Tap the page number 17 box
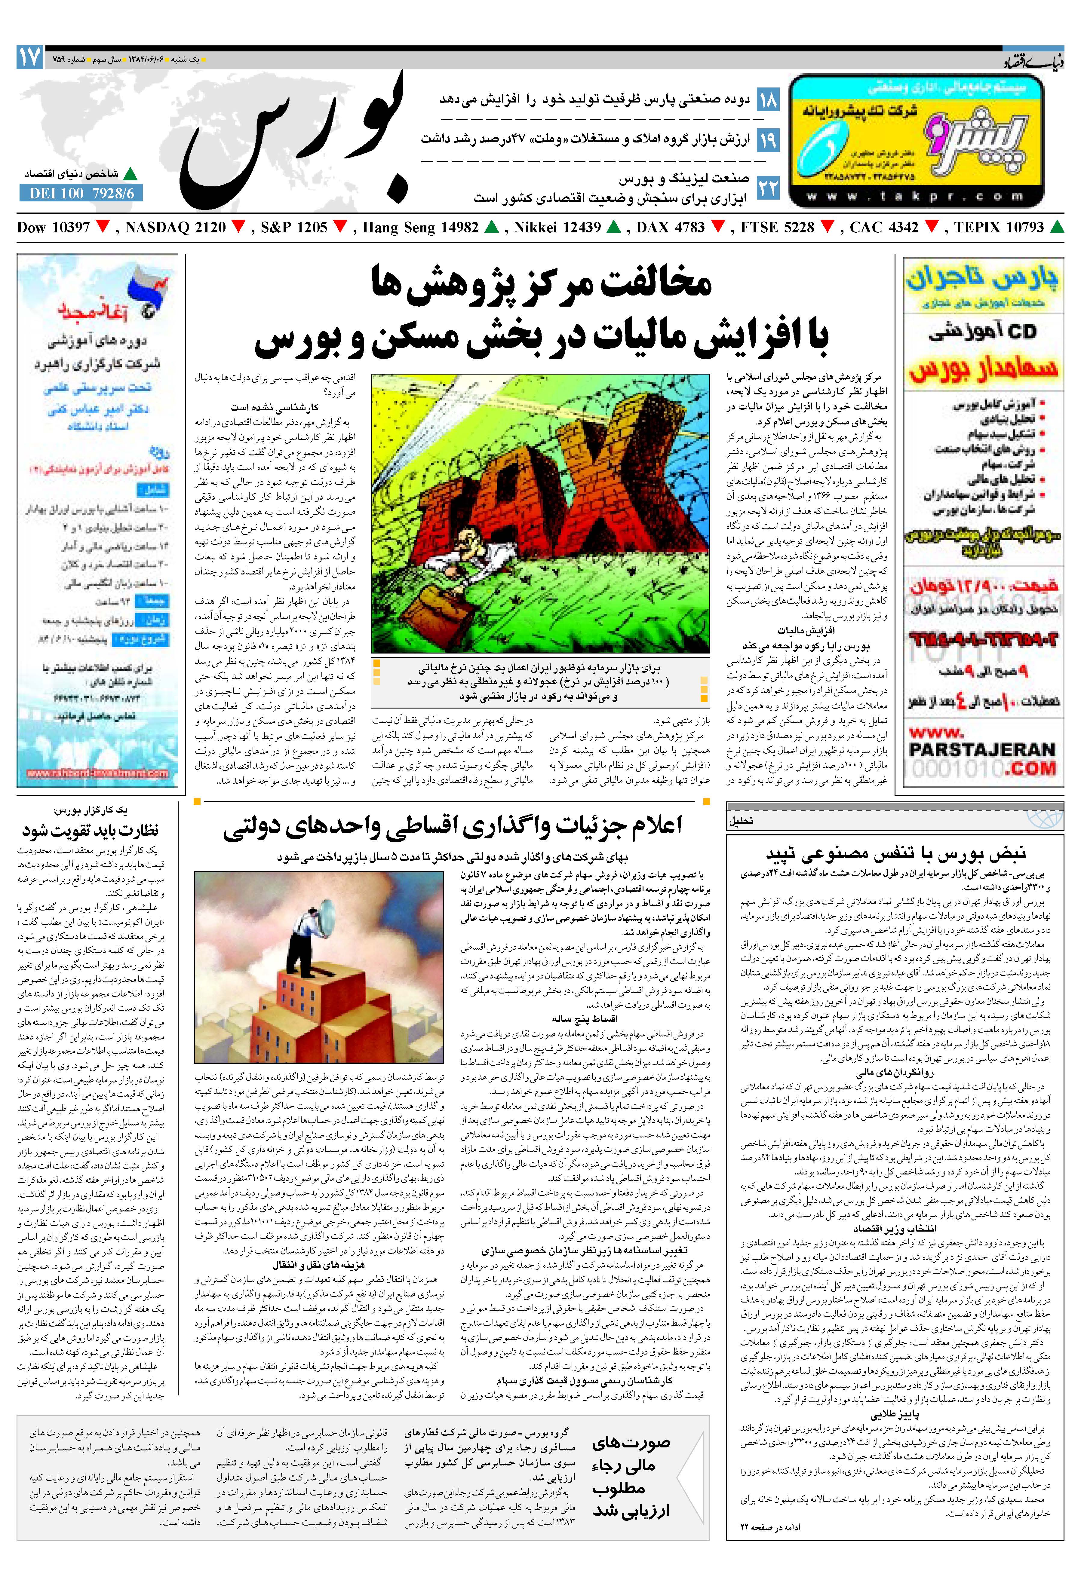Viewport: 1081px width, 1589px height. click(x=30, y=57)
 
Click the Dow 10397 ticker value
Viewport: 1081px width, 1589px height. click(x=53, y=228)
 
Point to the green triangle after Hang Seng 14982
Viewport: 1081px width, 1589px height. click(x=491, y=227)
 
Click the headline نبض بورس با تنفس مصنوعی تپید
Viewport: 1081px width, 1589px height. click(x=896, y=853)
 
